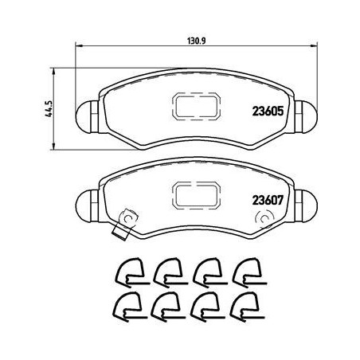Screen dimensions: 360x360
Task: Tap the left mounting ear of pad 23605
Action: (x=86, y=117)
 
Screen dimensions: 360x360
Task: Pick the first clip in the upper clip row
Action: (x=125, y=274)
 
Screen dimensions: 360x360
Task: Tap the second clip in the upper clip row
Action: (x=166, y=274)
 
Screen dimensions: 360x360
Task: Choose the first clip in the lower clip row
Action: (x=125, y=306)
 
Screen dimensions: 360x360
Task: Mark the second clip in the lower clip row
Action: (x=166, y=306)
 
